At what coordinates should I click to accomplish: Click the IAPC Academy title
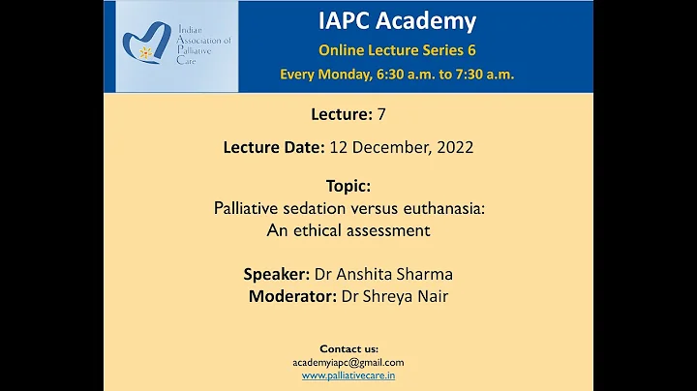click(x=396, y=20)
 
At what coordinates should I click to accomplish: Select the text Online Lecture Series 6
click(x=397, y=49)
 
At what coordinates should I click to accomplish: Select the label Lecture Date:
click(x=273, y=148)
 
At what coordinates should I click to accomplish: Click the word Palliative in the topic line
click(x=247, y=208)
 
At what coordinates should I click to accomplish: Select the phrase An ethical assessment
click(x=348, y=230)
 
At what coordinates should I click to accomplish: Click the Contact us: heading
click(x=348, y=348)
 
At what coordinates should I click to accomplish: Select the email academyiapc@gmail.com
click(x=348, y=362)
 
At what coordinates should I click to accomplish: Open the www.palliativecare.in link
click(x=348, y=376)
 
